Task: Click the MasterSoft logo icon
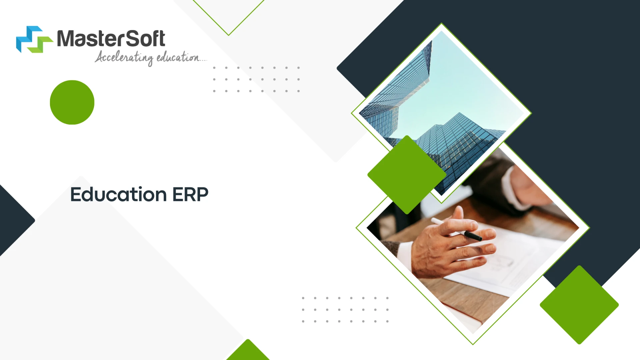tap(34, 39)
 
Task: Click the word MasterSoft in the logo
tap(111, 39)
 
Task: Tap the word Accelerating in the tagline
tap(124, 58)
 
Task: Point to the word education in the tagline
tap(178, 57)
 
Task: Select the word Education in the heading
tap(118, 194)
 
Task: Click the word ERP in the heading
tap(190, 194)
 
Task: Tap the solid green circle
tap(72, 102)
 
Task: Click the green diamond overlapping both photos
tap(407, 175)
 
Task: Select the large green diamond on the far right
tap(579, 305)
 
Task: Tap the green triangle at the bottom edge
tap(248, 352)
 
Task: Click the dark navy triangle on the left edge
tap(13, 220)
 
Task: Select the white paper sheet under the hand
tap(520, 263)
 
